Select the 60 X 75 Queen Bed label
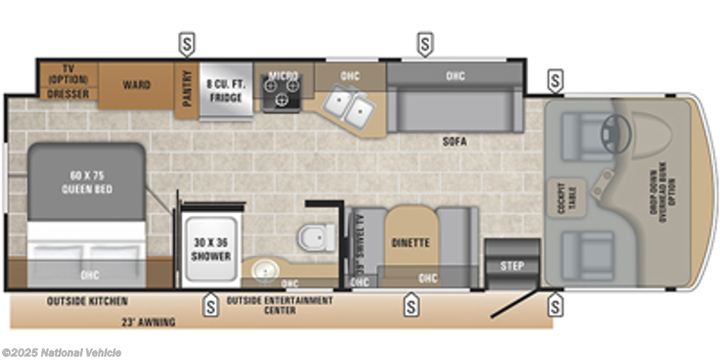click(86, 182)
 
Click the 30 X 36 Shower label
click(211, 249)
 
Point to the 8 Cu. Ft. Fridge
click(226, 91)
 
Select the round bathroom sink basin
click(266, 267)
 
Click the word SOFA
click(455, 142)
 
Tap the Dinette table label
click(410, 243)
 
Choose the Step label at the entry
click(511, 266)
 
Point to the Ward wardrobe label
click(136, 85)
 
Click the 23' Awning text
click(148, 322)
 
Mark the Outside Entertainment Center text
click(280, 304)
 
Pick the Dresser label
click(68, 94)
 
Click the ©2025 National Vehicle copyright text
click(62, 352)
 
